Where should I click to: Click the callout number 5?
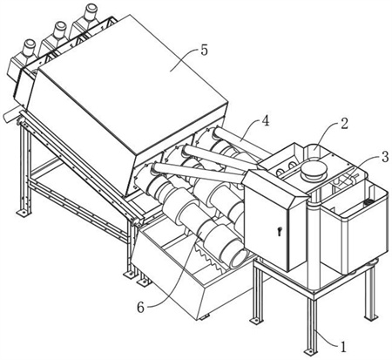coord(204,51)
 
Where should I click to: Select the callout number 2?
coord(344,124)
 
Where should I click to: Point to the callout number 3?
coord(385,157)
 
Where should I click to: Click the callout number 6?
coord(140,308)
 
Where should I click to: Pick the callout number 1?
coord(343,346)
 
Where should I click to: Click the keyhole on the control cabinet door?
coord(279,232)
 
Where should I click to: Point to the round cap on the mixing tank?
coord(312,171)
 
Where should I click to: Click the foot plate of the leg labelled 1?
coord(309,351)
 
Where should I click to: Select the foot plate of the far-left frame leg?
coord(24,213)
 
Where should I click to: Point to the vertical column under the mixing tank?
coord(314,246)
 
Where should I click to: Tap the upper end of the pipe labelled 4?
coord(218,133)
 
